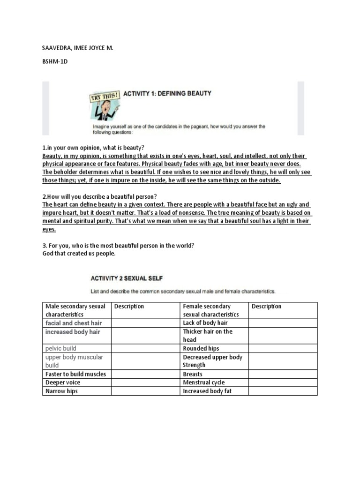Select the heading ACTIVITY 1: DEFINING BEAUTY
click(167, 93)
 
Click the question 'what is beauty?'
click(93, 147)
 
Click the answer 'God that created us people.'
click(79, 254)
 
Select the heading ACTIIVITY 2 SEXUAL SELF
click(127, 278)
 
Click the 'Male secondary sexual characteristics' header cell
click(76, 310)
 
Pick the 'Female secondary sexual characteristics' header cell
click(214, 310)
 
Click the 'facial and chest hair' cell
click(74, 323)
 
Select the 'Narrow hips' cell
click(61, 391)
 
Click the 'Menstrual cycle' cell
click(204, 382)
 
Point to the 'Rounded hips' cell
click(201, 348)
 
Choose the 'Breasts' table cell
click(193, 374)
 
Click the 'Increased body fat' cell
click(207, 391)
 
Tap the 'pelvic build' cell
click(61, 348)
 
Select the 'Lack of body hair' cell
click(205, 323)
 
